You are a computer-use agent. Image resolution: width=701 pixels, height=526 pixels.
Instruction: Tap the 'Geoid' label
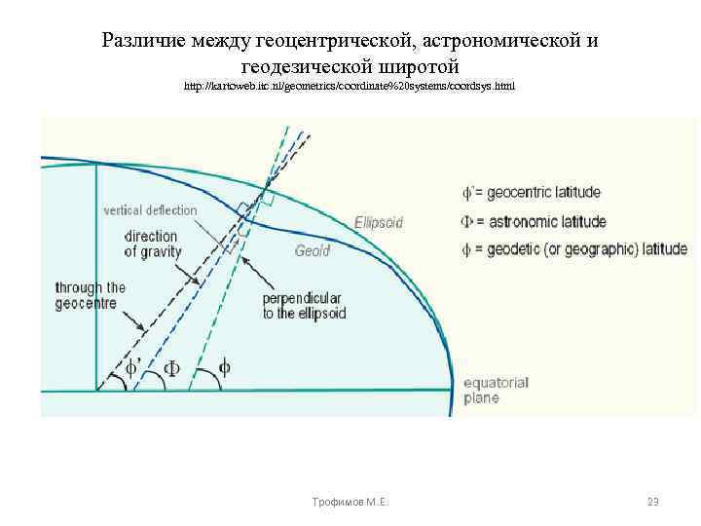click(x=313, y=251)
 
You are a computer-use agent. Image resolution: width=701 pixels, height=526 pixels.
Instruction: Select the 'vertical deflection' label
click(x=151, y=210)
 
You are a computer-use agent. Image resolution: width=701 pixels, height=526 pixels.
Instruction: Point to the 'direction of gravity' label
click(x=151, y=244)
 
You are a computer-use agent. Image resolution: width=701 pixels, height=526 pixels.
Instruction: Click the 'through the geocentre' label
click(x=91, y=295)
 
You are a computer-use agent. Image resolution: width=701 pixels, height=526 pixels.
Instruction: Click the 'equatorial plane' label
click(x=496, y=391)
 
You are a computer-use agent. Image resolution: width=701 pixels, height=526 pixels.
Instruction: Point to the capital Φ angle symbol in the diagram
click(x=170, y=369)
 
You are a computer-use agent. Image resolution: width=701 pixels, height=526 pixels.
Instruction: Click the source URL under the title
click(x=350, y=87)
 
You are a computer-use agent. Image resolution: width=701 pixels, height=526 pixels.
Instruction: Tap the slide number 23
click(x=653, y=502)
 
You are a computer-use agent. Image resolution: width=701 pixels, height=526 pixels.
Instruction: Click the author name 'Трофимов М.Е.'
click(x=346, y=502)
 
